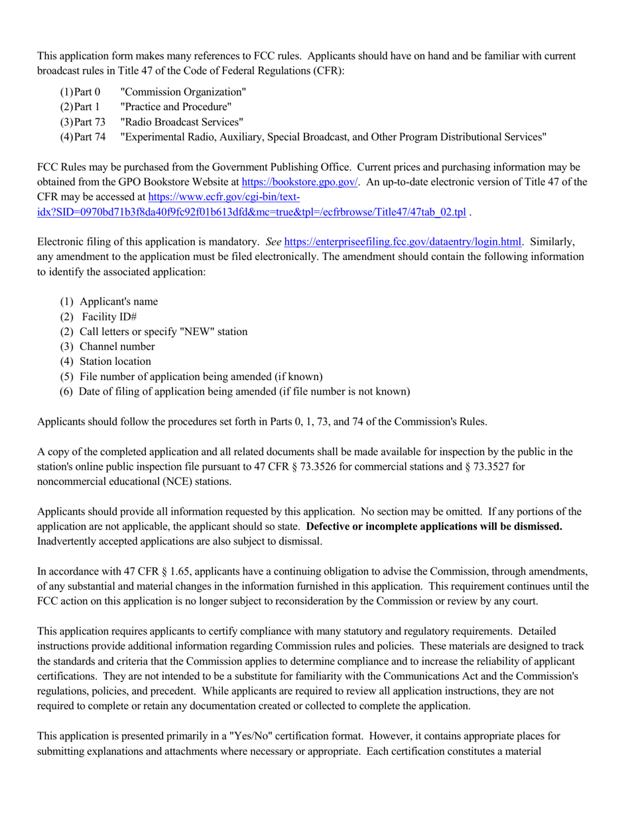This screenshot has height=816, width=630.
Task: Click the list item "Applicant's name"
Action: [x=118, y=302]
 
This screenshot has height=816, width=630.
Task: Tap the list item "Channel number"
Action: [x=117, y=347]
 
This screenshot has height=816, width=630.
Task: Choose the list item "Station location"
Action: [x=115, y=362]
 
